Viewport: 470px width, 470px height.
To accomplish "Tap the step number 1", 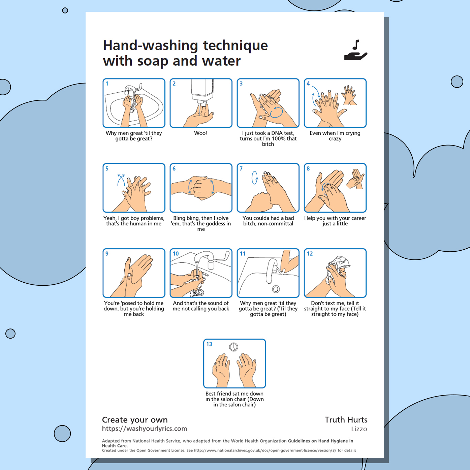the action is click(x=107, y=84).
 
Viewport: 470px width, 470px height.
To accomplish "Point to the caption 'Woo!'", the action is click(x=201, y=133).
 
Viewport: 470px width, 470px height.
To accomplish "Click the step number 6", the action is click(x=174, y=169).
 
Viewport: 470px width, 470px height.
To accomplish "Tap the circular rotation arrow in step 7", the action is click(x=255, y=178).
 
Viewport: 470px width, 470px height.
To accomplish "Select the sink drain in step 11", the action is click(x=276, y=289).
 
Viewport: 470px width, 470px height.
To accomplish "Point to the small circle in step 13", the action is click(x=233, y=347).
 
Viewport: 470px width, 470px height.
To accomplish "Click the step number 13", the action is click(x=209, y=344).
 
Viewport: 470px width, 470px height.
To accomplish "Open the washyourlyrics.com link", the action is click(x=145, y=429).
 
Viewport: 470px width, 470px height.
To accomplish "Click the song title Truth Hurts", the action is click(x=346, y=420).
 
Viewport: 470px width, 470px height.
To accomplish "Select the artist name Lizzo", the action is click(x=359, y=429).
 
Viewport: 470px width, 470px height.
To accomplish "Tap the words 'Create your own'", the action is click(x=135, y=420).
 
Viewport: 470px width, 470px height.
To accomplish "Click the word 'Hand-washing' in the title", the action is click(x=151, y=46).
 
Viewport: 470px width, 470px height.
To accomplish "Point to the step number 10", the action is click(x=176, y=254).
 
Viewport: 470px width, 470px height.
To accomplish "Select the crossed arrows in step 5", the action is click(x=121, y=180).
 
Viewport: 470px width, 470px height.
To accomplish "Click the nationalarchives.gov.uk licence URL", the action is click(x=265, y=450).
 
